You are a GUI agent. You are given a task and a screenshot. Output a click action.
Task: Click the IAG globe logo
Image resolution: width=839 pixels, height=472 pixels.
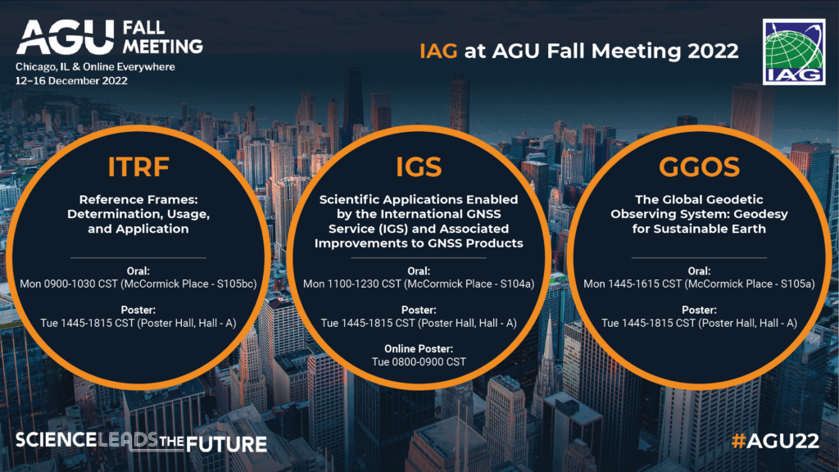click(x=794, y=52)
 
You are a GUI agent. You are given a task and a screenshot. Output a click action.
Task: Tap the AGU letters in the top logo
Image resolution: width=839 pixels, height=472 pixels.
click(x=66, y=37)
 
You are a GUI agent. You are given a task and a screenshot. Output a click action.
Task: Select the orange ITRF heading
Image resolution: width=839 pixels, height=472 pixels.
click(x=138, y=166)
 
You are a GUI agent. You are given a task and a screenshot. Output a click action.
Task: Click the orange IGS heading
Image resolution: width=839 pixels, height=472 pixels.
click(x=419, y=166)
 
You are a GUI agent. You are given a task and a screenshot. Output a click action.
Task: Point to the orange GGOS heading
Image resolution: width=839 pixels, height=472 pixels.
click(x=700, y=166)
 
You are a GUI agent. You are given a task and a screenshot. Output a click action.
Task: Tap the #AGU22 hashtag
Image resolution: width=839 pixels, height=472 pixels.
click(x=775, y=441)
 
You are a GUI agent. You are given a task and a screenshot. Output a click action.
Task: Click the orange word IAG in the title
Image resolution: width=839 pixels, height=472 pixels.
click(x=438, y=51)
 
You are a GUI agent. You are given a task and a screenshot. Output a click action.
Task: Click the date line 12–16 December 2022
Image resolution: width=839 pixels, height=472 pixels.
click(x=71, y=81)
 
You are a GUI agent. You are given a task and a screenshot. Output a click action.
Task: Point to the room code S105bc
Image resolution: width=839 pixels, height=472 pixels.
click(x=234, y=284)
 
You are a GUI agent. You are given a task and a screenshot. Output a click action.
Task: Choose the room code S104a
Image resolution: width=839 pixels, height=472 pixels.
click(x=513, y=284)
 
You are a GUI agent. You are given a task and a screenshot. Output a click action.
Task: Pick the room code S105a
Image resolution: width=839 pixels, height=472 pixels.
click(x=793, y=284)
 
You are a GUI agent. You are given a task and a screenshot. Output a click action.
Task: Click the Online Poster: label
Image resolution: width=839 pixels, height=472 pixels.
click(x=419, y=349)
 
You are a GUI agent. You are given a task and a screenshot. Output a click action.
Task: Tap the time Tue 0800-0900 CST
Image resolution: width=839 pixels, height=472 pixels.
click(x=419, y=361)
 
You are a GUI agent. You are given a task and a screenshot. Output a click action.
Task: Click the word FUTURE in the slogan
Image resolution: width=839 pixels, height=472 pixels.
click(x=227, y=443)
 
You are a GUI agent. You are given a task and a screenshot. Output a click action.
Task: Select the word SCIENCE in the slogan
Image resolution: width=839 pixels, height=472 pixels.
click(x=56, y=440)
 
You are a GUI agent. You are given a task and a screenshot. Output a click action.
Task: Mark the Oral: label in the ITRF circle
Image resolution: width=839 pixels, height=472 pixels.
click(x=138, y=271)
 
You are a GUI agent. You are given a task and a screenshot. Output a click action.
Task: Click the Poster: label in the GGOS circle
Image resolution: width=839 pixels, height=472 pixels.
click(x=700, y=311)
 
